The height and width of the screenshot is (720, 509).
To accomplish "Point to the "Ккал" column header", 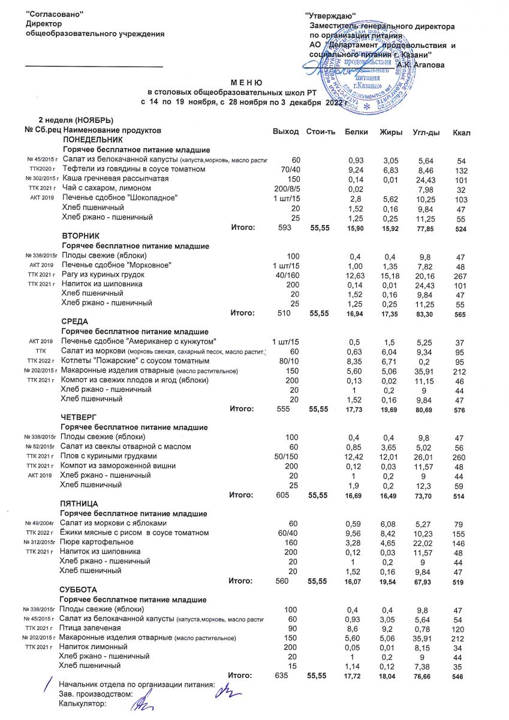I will point(462,131).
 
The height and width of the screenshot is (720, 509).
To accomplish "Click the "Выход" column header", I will point(285,131).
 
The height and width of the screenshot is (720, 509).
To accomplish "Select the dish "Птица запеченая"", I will point(90,628).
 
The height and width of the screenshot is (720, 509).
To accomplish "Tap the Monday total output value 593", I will point(279,227).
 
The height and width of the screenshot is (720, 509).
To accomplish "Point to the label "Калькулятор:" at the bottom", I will point(82,704).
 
